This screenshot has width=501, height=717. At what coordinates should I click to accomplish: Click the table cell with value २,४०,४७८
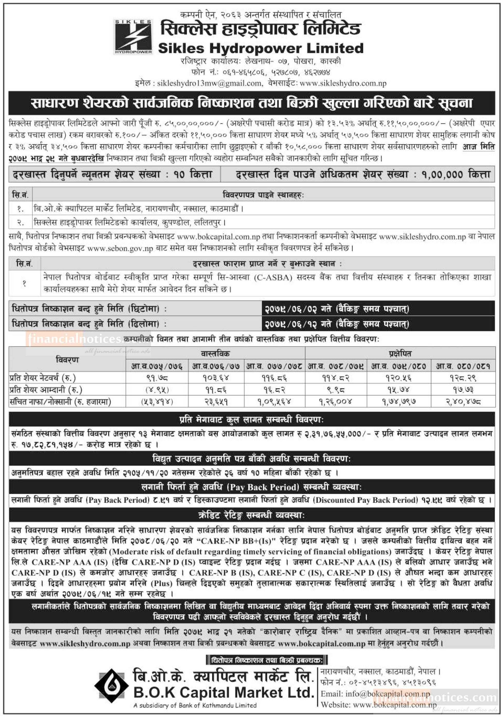click(x=463, y=402)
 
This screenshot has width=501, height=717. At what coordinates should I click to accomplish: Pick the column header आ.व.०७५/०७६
click(x=157, y=366)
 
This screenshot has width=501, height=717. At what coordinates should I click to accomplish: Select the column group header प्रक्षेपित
click(x=400, y=354)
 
